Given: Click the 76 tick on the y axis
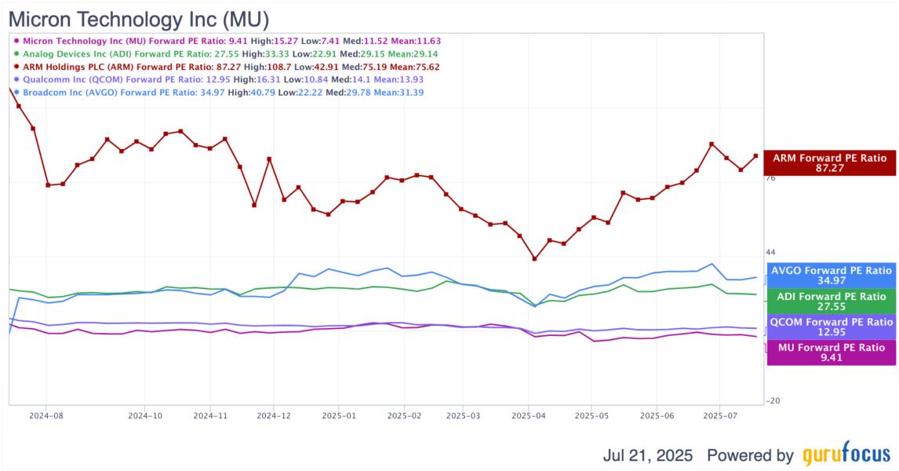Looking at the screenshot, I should [770, 178].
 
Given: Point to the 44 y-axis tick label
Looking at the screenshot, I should [770, 252].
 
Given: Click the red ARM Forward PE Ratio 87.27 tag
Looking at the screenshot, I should [829, 163].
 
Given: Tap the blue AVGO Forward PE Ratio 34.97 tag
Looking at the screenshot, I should [832, 276].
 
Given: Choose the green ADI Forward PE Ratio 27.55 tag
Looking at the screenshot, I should [832, 302].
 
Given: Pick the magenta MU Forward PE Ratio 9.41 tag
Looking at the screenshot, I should [832, 352].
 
